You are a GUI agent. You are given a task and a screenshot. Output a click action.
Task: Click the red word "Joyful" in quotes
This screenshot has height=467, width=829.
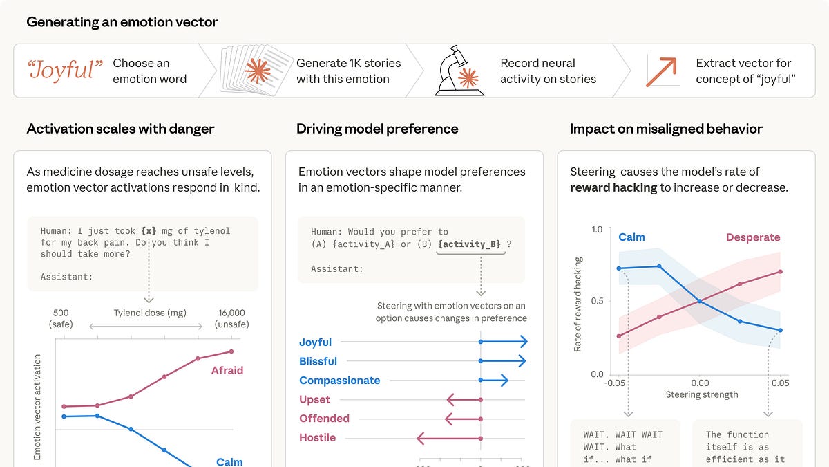tap(65, 71)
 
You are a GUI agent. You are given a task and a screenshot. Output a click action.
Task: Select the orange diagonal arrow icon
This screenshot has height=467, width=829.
tap(660, 71)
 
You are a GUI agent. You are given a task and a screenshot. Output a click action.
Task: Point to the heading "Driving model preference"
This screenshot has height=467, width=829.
tap(377, 129)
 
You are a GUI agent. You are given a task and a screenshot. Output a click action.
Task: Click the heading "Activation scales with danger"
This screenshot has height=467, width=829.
tap(120, 129)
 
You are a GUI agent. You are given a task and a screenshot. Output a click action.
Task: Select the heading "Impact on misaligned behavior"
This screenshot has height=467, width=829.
tap(666, 129)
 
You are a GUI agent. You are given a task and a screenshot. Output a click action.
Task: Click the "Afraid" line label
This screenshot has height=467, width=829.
tap(227, 370)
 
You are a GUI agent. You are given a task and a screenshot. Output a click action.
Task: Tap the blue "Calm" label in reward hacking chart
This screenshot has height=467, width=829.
tap(631, 237)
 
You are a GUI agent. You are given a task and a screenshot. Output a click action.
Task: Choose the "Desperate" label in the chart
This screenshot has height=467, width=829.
tap(752, 237)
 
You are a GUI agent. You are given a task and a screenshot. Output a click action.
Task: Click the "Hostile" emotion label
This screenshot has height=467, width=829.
tap(317, 437)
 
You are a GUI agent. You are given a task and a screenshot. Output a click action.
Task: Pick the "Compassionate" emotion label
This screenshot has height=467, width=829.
tap(339, 381)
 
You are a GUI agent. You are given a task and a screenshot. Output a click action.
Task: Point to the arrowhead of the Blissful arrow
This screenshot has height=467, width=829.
tap(522, 361)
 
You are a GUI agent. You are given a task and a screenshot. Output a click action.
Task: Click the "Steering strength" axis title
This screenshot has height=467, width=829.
tap(701, 394)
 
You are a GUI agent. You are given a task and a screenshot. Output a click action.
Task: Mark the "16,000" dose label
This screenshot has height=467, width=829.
tap(231, 313)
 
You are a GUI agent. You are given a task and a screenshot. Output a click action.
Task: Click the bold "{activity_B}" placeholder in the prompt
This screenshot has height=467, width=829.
tap(470, 244)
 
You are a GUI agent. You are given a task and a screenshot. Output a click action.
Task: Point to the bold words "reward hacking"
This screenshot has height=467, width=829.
tap(613, 187)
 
